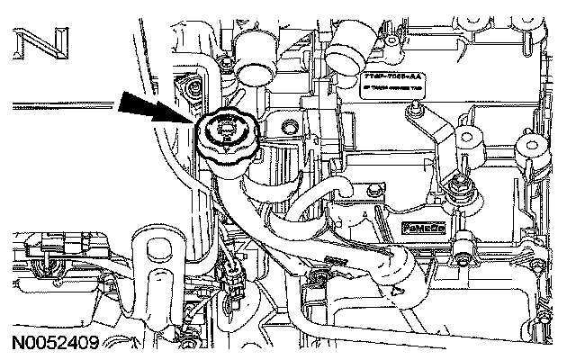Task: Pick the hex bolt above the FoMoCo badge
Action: pos(370,190)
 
